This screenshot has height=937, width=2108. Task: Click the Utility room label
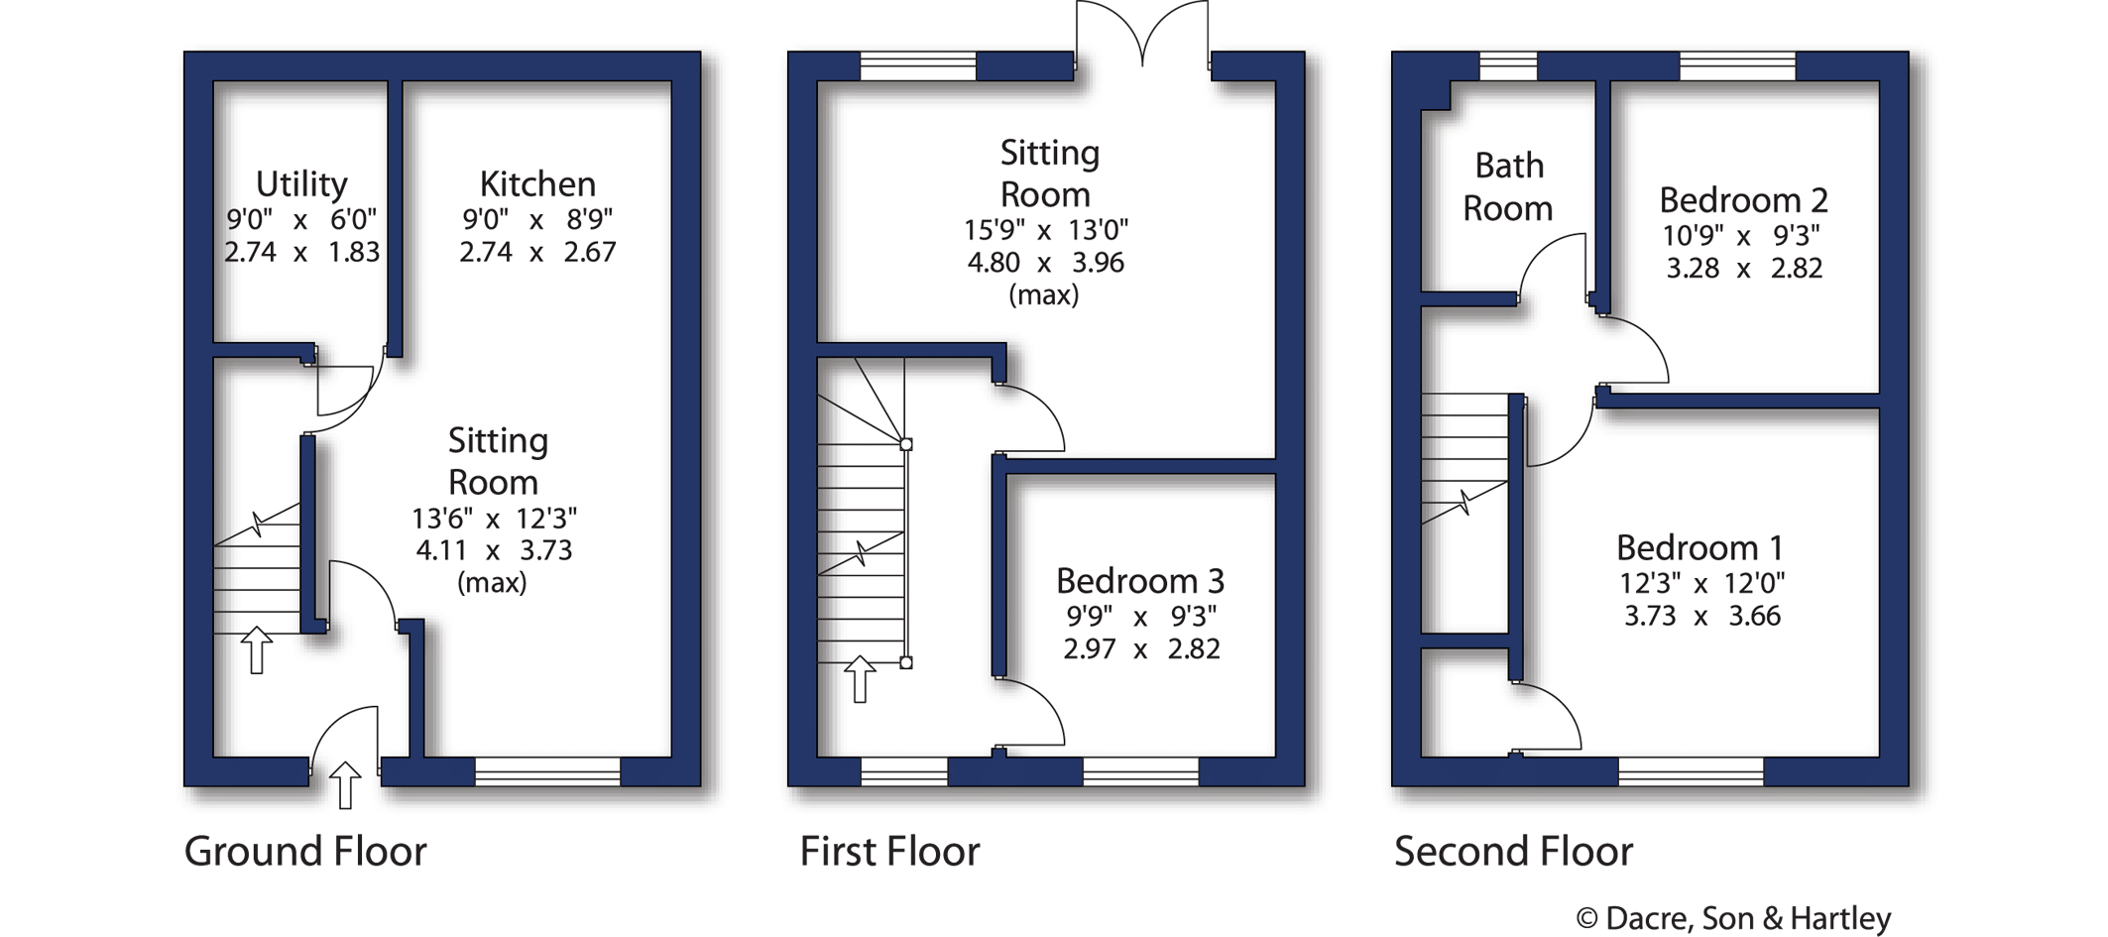[301, 184]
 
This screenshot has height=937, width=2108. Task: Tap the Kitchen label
[537, 184]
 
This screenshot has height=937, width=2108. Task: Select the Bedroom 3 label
[1140, 581]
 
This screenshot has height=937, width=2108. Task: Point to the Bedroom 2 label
[1743, 200]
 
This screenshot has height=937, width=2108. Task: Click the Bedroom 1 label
[1699, 547]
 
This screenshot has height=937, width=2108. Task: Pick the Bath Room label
[1508, 186]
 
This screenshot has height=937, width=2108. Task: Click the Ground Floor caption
[305, 852]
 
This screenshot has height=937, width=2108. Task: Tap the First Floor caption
[889, 852]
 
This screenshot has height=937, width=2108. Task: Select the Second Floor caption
[1513, 852]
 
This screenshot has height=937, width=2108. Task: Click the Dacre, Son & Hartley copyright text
[1734, 918]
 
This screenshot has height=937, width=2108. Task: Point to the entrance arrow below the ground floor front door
[344, 784]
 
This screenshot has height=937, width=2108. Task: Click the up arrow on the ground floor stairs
[257, 649]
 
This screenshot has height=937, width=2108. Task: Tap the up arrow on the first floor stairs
[860, 679]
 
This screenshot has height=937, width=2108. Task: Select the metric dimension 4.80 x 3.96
[1045, 263]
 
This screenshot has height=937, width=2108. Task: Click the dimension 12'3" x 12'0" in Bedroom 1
[1701, 583]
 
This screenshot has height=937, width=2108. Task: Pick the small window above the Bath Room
[1508, 66]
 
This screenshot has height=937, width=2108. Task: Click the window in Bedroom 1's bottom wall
[1691, 770]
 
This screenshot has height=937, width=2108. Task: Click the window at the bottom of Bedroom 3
[1140, 770]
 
